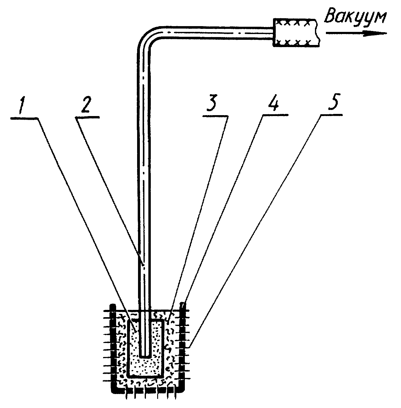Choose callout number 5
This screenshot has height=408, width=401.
click(x=333, y=102)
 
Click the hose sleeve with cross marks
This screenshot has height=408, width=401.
click(x=296, y=33)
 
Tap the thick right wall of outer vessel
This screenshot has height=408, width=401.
click(x=183, y=347)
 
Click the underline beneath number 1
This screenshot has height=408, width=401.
click(x=25, y=118)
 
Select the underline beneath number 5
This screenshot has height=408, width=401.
click(x=331, y=115)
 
